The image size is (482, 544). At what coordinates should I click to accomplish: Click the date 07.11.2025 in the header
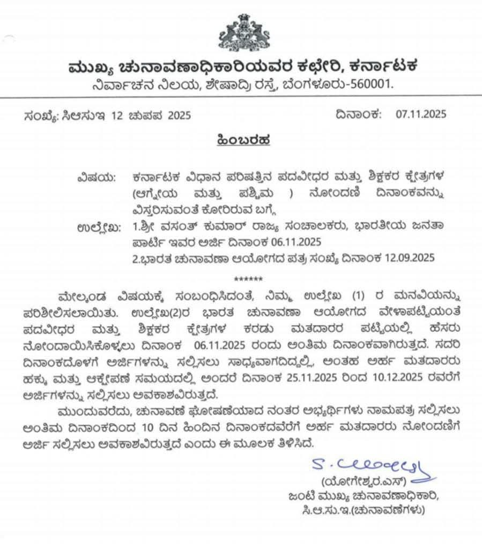[421, 114]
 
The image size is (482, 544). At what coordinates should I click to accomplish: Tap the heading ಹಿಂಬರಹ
[241, 140]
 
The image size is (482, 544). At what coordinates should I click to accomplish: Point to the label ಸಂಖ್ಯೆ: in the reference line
[41, 115]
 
